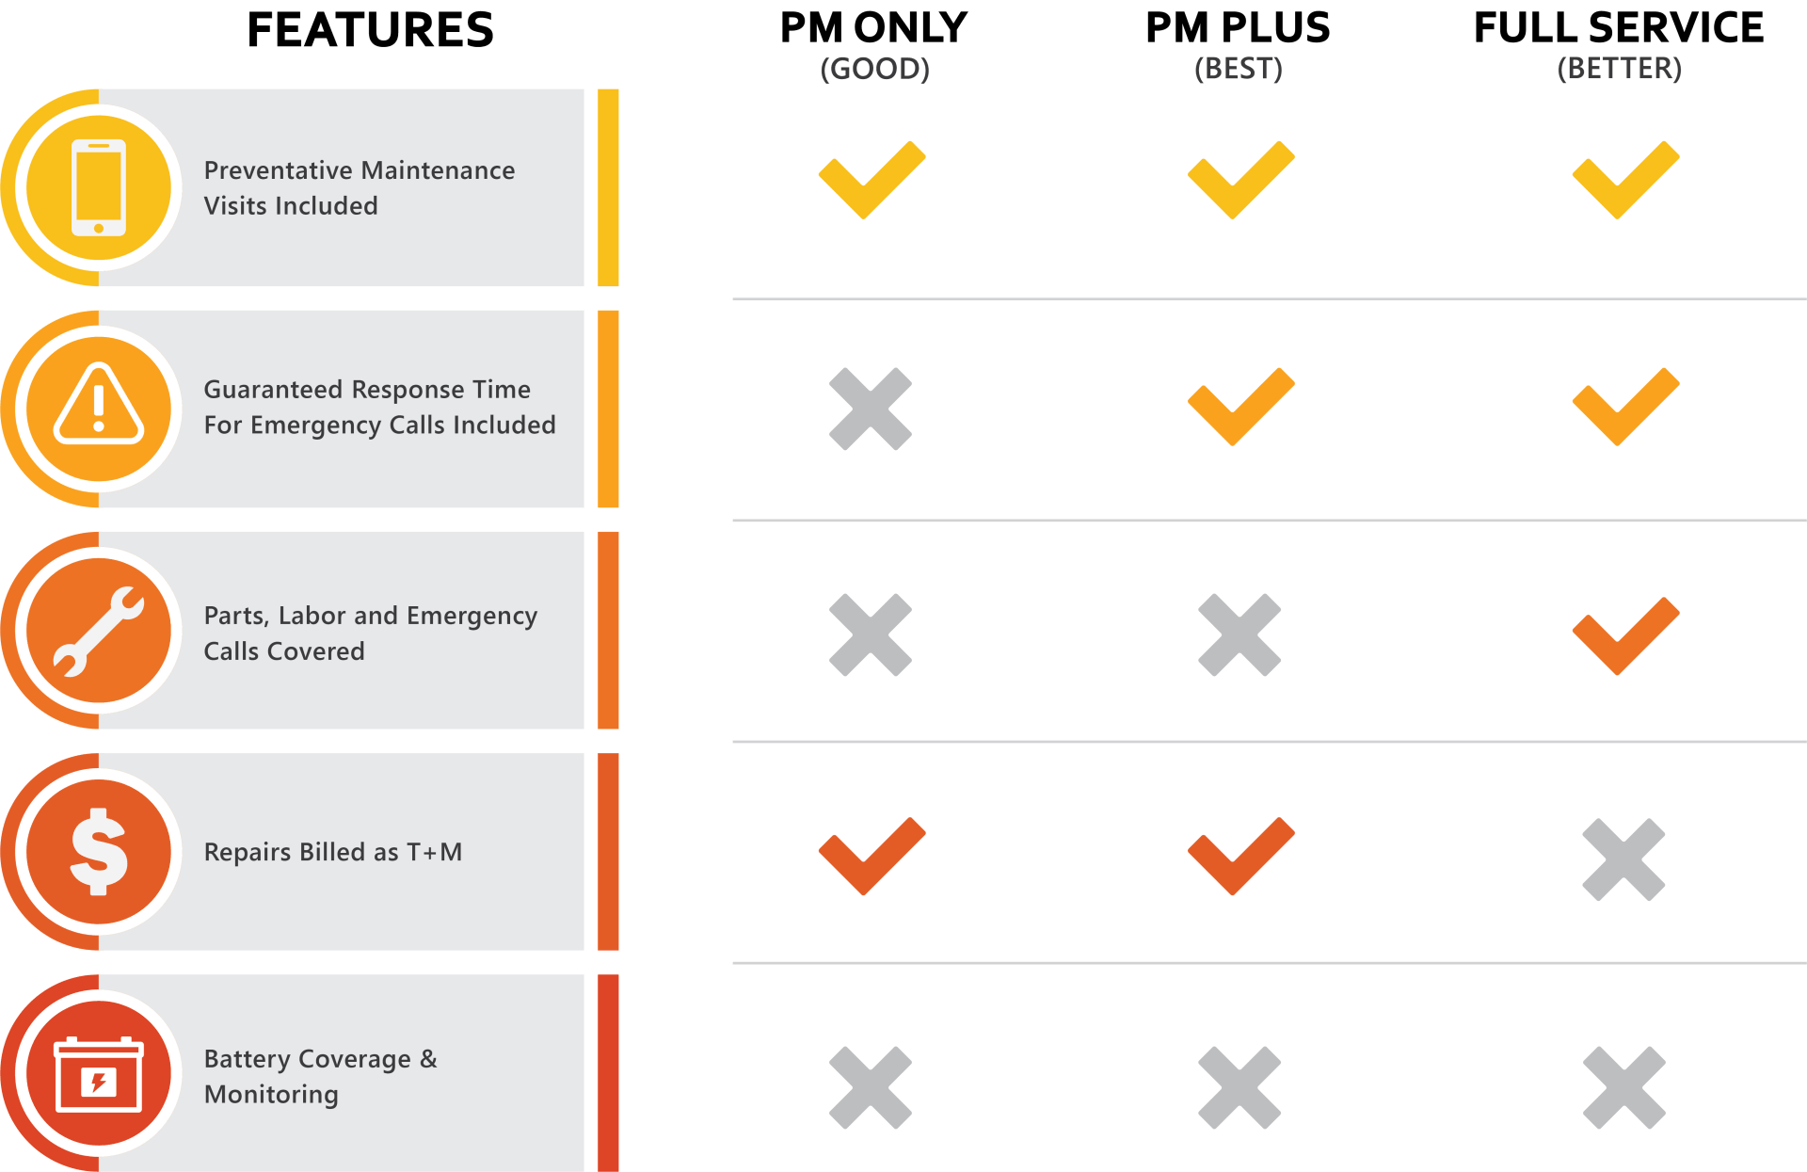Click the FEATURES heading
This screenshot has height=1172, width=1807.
point(370,30)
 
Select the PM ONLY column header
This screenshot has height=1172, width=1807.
point(873,28)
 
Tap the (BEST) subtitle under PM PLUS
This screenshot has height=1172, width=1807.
point(1239,69)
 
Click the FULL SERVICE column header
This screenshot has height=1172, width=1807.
point(1619,28)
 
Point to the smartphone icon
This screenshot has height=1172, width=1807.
point(99,187)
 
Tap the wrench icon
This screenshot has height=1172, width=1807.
point(99,632)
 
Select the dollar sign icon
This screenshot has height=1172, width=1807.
point(99,852)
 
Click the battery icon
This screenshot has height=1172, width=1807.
point(99,1075)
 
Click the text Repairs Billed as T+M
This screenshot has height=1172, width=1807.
point(333,852)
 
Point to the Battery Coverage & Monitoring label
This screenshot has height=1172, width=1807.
point(321,1076)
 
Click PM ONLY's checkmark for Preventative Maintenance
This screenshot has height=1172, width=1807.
point(872,180)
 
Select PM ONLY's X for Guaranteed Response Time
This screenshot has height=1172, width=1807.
point(871,409)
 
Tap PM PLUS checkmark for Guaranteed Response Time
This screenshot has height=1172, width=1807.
point(1240,406)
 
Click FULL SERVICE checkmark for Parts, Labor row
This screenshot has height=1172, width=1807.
point(1626,635)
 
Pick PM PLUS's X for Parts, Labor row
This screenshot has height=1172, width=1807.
point(1239,634)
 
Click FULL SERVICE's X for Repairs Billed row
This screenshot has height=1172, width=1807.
point(1624,859)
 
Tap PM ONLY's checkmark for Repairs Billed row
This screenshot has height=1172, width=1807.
point(872,856)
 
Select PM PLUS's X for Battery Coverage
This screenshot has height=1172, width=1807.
point(1239,1087)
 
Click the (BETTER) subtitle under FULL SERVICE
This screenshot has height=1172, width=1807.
point(1619,69)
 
